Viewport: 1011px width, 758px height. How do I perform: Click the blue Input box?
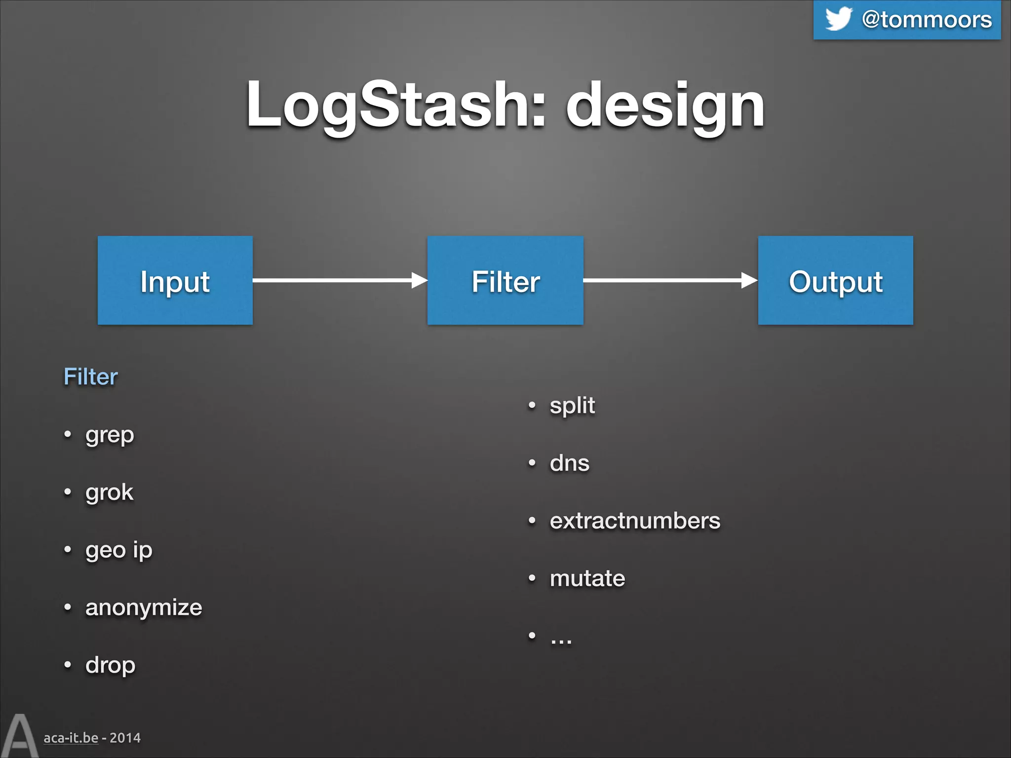175,280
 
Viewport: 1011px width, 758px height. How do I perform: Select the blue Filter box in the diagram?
505,280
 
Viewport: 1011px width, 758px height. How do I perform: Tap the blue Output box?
835,280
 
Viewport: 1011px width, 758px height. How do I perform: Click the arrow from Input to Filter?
340,280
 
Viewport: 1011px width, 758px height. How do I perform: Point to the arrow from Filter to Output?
670,280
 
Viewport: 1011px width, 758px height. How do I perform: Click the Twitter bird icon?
838,19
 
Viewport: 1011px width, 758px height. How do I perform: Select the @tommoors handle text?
927,20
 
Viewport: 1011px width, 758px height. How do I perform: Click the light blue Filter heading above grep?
90,377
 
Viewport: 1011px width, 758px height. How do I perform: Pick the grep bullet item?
109,435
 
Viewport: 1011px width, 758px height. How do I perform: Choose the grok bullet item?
109,493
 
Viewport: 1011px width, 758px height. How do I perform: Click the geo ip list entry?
118,550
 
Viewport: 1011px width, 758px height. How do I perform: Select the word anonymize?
144,607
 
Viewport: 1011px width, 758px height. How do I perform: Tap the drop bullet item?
110,665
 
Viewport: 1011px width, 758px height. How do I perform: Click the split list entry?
572,406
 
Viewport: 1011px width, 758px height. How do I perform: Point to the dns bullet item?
569,463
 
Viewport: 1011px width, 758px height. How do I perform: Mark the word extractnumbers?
635,521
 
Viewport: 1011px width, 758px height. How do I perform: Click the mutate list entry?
587,578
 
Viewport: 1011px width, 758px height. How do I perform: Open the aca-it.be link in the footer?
71,738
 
